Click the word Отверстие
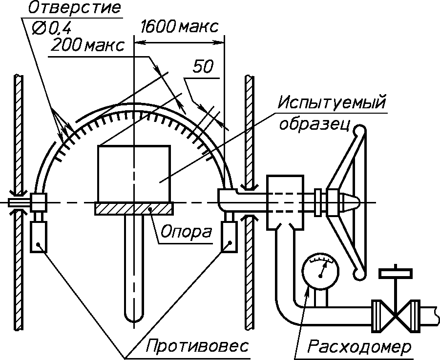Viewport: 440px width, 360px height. pyautogui.click(x=74, y=8)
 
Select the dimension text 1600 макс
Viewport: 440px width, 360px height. pyautogui.click(x=179, y=27)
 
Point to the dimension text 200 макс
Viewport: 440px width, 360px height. pyautogui.click(x=87, y=45)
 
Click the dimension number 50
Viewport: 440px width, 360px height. pyautogui.click(x=203, y=67)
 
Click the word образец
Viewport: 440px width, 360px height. pyautogui.click(x=314, y=124)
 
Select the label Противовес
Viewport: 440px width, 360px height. pyautogui.click(x=197, y=345)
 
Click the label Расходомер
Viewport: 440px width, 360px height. pyautogui.click(x=359, y=347)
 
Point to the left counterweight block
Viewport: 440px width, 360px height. pyautogui.click(x=39, y=237)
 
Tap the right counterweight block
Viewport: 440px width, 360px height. pyautogui.click(x=229, y=237)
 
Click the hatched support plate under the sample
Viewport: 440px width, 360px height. pyautogui.click(x=134, y=209)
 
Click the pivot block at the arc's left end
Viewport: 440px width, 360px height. pyautogui.click(x=39, y=202)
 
